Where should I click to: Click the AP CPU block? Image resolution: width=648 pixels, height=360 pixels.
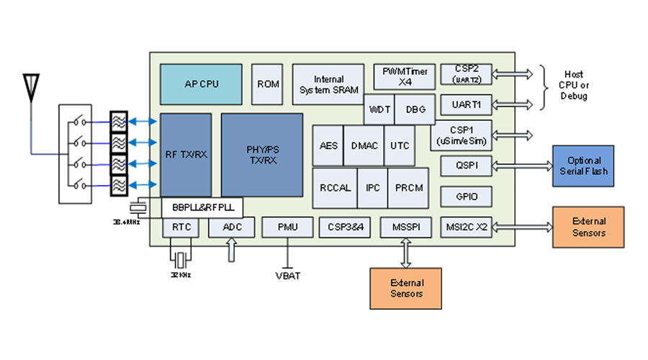[201, 84]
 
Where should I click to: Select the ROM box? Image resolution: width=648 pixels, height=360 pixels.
[268, 84]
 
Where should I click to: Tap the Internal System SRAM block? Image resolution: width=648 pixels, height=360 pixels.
[328, 84]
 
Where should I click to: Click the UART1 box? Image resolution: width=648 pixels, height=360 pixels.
[466, 104]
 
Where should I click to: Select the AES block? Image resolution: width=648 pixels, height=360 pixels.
[328, 145]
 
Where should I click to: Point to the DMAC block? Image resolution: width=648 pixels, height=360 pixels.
[364, 145]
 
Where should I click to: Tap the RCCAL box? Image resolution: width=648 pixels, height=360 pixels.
[335, 188]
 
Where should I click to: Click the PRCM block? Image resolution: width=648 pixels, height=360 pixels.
[409, 188]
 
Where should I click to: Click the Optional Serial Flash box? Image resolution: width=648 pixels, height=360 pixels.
[584, 166]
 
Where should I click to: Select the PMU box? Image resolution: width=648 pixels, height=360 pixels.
[288, 228]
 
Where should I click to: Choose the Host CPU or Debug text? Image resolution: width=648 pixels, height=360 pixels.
[574, 85]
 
